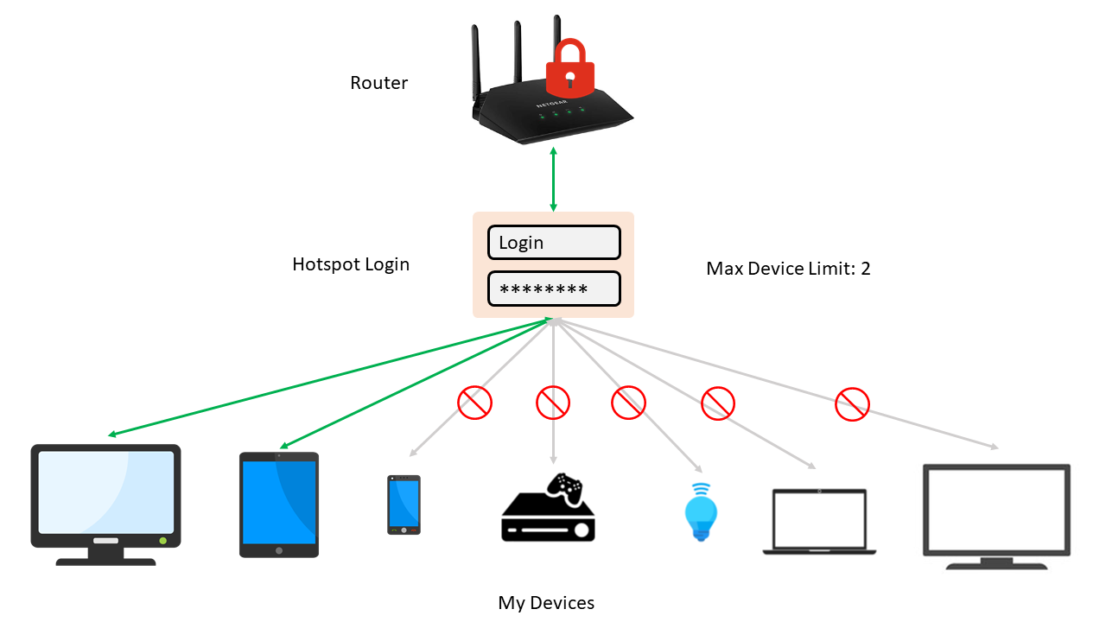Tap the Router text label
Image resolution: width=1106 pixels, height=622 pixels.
[x=378, y=84]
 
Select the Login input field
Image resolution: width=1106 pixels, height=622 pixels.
[x=554, y=243]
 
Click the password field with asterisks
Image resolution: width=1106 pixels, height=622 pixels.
[x=554, y=289]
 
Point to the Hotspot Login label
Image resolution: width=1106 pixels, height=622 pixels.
[x=351, y=264]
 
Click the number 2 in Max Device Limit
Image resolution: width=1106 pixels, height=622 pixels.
[x=865, y=269]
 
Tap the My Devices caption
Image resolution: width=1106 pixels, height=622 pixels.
[x=546, y=603]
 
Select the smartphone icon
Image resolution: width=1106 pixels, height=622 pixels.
[x=404, y=505]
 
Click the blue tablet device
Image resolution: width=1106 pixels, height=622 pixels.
[x=279, y=505]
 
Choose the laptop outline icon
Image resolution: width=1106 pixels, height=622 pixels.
[x=819, y=522]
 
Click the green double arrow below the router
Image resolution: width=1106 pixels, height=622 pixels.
[x=553, y=180]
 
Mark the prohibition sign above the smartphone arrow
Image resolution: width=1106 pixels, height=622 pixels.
[x=474, y=402]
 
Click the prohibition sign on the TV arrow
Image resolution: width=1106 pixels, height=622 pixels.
[x=852, y=403]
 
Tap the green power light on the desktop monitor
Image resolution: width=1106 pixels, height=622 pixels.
[x=162, y=540]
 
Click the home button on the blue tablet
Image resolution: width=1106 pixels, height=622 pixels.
[x=279, y=549]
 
